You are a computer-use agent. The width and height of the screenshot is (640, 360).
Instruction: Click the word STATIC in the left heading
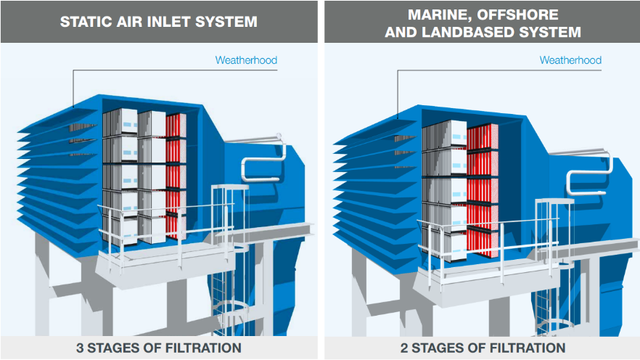tap(86, 22)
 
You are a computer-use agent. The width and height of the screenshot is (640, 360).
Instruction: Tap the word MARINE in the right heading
tap(436, 14)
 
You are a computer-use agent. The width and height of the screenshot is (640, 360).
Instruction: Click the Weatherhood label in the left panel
tap(246, 60)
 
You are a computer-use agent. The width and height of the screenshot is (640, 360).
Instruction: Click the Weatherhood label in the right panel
tap(570, 60)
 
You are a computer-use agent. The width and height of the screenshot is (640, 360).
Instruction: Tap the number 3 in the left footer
tap(80, 348)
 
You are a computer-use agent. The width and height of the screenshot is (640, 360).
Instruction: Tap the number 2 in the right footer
tap(404, 348)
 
